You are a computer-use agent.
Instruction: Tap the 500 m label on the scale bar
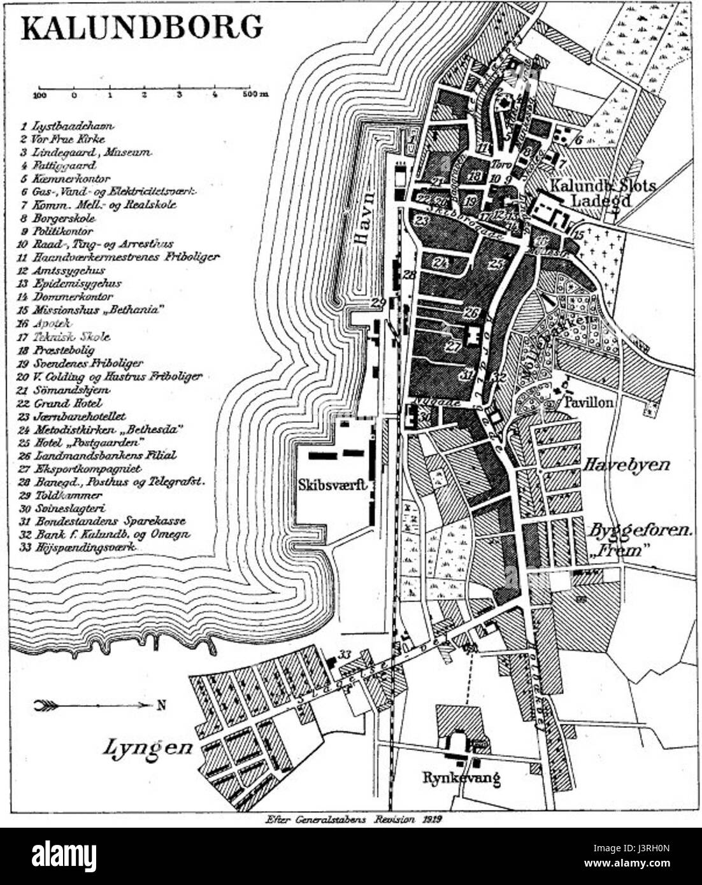point(254,95)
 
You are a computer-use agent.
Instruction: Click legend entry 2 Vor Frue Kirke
point(62,139)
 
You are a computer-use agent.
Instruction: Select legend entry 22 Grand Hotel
point(61,403)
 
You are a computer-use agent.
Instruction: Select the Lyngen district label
point(147,747)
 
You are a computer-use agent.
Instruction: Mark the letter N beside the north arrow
point(161,705)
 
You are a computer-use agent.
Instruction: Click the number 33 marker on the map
point(345,654)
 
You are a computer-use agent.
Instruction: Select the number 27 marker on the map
point(453,346)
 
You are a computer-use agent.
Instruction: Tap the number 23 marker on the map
point(421,221)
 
